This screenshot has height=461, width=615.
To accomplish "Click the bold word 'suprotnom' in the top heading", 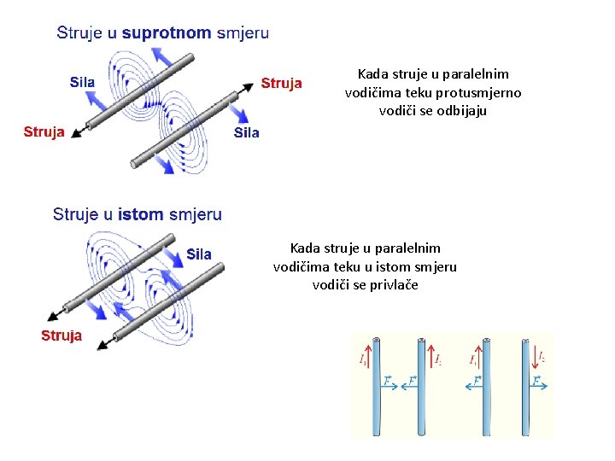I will tap(167, 33).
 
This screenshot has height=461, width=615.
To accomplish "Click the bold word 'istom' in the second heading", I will tap(140, 214).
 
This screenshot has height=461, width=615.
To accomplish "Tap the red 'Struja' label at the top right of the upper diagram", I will tap(281, 83).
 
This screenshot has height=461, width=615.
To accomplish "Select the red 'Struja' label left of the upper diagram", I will tap(44, 131).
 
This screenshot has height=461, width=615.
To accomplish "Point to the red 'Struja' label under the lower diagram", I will tap(61, 336).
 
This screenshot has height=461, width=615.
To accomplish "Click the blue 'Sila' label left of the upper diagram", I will tap(82, 82).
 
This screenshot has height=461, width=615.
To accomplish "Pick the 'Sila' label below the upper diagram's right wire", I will tap(246, 133).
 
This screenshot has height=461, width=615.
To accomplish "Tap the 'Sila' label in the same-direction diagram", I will tap(198, 254).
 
